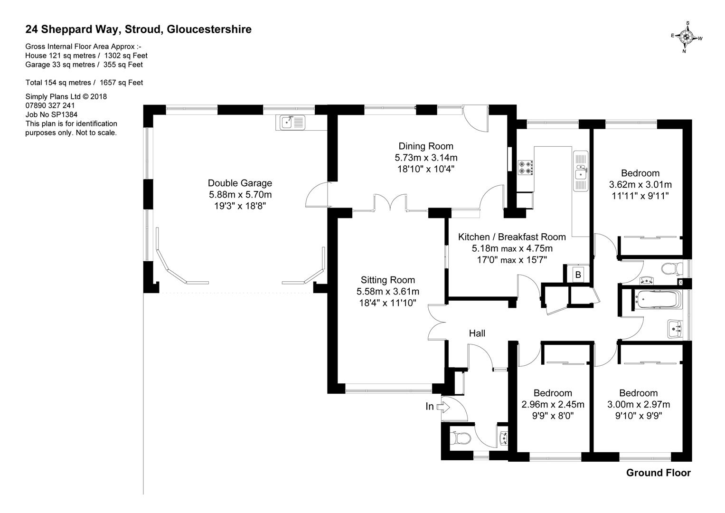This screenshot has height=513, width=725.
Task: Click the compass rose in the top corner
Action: [x=687, y=37]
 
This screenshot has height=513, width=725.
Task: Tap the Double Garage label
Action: [x=240, y=183]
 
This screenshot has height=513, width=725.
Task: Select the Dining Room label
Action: [x=426, y=146]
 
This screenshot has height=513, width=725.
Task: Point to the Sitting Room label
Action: [x=387, y=280]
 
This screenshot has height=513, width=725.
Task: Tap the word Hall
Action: [x=477, y=333]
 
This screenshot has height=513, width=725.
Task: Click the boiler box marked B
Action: [x=578, y=275]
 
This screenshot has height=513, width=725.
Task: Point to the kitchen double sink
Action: [x=581, y=171]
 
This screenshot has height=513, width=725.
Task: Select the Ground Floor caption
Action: [x=658, y=473]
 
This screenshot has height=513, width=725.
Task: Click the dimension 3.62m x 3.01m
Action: [x=640, y=184]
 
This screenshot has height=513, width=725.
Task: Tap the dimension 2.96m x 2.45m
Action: [x=553, y=405]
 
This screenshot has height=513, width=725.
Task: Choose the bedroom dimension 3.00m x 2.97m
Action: [x=638, y=405]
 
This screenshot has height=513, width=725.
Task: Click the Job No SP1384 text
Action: [x=51, y=114]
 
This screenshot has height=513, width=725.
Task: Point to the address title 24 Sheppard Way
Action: [x=138, y=29]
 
